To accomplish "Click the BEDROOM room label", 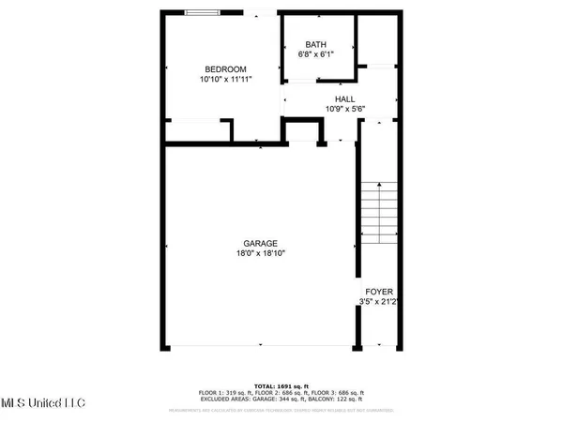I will tap(226, 69).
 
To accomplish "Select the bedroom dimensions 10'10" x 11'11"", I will tap(226, 81).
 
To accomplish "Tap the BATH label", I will tap(316, 44).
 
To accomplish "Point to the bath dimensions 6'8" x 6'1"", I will tap(316, 54).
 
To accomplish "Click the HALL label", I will tap(345, 98).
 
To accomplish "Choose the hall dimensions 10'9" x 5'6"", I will tap(345, 108).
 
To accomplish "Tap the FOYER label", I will tap(378, 292).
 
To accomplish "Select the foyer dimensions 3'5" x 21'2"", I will tap(378, 302).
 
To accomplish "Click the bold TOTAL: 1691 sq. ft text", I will tap(281, 385).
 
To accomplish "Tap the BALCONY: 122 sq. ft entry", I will tap(342, 400).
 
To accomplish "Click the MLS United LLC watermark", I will tap(42, 402).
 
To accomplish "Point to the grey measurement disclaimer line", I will tap(281, 410).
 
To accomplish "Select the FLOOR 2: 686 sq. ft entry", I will tap(282, 393).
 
